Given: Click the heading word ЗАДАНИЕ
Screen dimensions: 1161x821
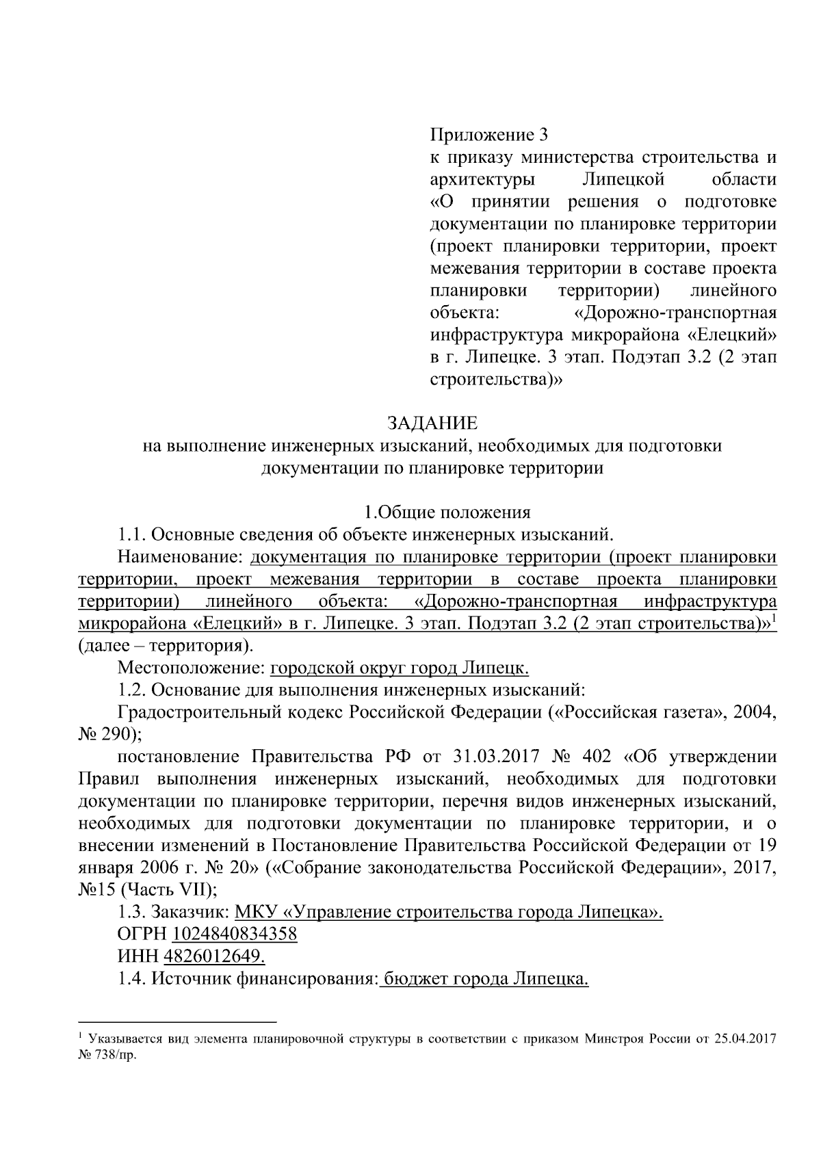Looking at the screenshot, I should click(432, 422).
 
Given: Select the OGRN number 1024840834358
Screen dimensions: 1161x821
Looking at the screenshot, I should click(235, 934).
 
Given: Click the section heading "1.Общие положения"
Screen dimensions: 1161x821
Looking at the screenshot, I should click(447, 512).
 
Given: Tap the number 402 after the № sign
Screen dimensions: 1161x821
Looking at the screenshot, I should click(595, 757).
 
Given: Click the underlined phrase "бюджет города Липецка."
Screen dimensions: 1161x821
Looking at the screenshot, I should click(485, 978).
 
